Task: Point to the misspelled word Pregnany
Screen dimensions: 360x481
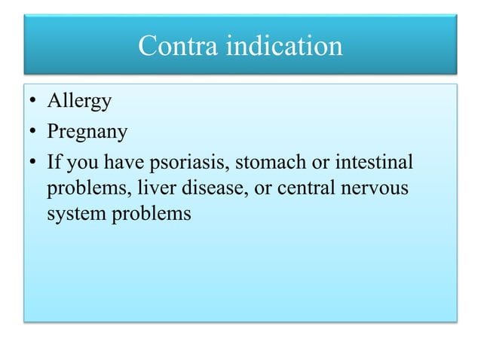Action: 87,133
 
